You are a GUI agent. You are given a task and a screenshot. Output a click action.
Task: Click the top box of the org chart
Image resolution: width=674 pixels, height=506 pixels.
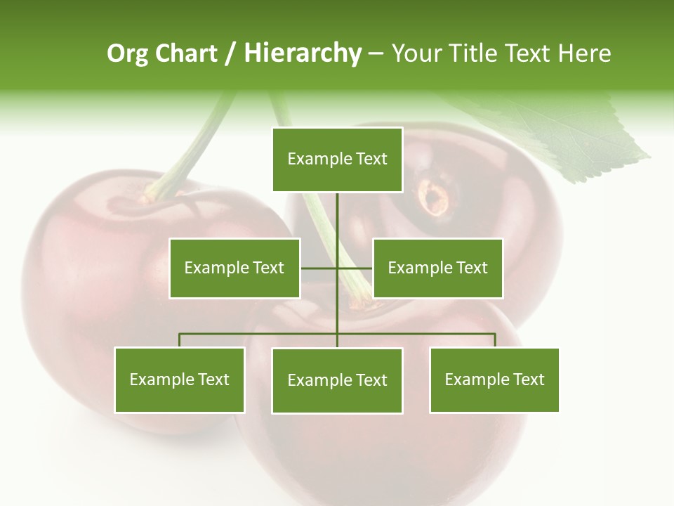[337, 160]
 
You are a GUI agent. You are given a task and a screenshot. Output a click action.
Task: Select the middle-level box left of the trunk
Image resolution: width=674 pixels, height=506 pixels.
[234, 268]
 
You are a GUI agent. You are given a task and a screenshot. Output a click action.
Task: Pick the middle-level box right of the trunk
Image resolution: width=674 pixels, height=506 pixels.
[437, 268]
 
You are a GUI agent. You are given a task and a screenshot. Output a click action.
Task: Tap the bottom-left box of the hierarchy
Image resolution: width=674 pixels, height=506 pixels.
[179, 379]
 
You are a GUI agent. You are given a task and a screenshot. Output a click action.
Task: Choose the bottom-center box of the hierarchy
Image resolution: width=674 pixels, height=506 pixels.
[337, 380]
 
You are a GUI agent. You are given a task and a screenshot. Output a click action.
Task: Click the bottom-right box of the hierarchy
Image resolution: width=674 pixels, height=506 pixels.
[494, 379]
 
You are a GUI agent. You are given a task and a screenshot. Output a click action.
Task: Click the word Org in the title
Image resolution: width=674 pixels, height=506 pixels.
[127, 53]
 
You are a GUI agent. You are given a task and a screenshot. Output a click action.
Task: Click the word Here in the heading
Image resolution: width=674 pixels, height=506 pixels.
[584, 53]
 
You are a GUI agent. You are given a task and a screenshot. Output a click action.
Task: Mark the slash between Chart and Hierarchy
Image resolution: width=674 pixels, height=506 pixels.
[231, 53]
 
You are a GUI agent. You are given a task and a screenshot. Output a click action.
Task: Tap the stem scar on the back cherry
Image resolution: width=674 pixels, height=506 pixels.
[435, 197]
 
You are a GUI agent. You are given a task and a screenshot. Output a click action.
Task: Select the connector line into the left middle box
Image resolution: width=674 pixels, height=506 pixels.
[318, 268]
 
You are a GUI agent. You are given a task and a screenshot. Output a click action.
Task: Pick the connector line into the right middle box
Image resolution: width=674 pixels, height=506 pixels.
[355, 268]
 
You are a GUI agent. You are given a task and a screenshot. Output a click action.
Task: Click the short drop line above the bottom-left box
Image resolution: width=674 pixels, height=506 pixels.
[179, 340]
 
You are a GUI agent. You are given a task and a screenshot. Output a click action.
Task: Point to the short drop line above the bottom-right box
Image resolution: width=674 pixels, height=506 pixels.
[495, 340]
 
